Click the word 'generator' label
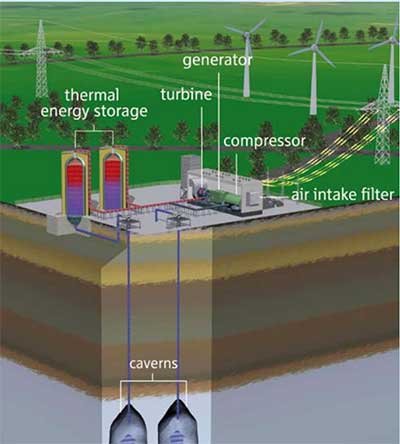point(217,61)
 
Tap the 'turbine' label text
point(186,95)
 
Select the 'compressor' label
point(264,141)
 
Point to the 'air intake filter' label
point(343,195)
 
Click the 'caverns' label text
point(153,363)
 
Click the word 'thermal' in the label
point(92,95)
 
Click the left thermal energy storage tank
point(75,188)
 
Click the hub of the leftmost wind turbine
point(247,34)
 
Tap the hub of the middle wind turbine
point(314,47)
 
